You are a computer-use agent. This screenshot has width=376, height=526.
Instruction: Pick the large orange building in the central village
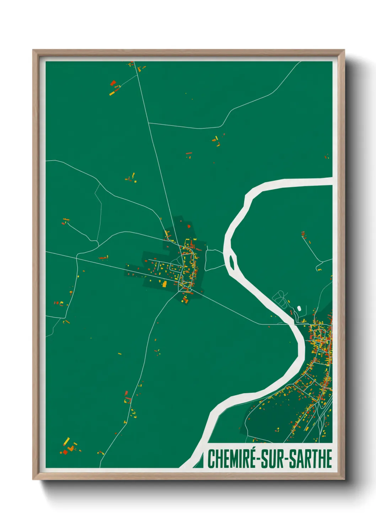point(165,284)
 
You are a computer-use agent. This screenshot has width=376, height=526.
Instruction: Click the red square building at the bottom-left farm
point(65,452)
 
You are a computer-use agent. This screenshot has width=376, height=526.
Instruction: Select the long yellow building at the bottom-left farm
point(66,442)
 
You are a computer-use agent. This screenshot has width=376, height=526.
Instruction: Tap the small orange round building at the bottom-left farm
point(71,449)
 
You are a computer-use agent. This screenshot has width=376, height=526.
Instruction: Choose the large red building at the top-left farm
point(113,83)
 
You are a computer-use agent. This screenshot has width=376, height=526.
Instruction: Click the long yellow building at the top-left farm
point(112,93)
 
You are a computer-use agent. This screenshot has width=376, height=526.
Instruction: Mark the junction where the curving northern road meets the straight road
point(149,123)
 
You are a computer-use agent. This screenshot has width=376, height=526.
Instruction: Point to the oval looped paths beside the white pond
point(280,298)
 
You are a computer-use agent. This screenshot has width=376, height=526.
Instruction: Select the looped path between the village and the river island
point(215,259)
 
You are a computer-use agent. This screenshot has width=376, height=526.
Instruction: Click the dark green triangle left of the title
point(201,462)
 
